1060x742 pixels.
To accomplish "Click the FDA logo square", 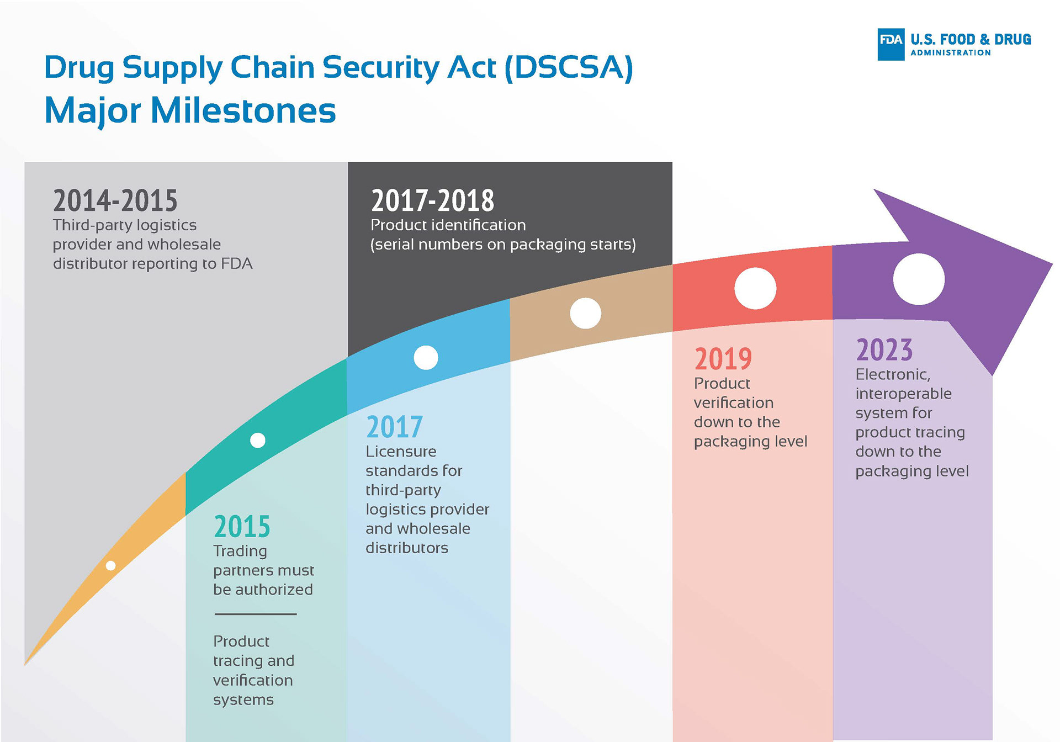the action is (x=891, y=44).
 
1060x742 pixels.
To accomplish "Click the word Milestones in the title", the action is (x=243, y=110).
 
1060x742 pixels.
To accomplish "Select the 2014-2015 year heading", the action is (x=115, y=200).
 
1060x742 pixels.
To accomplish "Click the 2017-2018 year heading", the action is (x=433, y=200).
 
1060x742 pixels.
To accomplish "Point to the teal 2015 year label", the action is (x=242, y=526).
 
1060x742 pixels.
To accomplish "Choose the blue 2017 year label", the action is (x=394, y=427).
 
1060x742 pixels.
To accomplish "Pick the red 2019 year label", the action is (x=723, y=359).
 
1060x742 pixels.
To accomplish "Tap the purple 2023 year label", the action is (x=884, y=349).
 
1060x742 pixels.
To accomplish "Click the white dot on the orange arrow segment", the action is (x=110, y=565).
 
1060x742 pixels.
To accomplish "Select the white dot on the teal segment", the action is (x=258, y=440).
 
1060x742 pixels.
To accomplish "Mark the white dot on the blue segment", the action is (x=426, y=358).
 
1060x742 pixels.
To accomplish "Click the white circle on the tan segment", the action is (x=585, y=313).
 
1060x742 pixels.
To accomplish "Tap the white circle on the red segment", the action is (x=755, y=288).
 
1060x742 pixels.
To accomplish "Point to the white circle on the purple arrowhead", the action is (x=919, y=279).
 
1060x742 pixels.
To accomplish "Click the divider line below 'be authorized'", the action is (x=256, y=614).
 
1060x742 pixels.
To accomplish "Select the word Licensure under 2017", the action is (x=401, y=452).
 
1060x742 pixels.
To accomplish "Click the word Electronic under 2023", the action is (x=893, y=375).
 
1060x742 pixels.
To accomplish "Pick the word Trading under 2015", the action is (x=240, y=552).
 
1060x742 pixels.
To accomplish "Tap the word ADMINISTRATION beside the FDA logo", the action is (x=951, y=53).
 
